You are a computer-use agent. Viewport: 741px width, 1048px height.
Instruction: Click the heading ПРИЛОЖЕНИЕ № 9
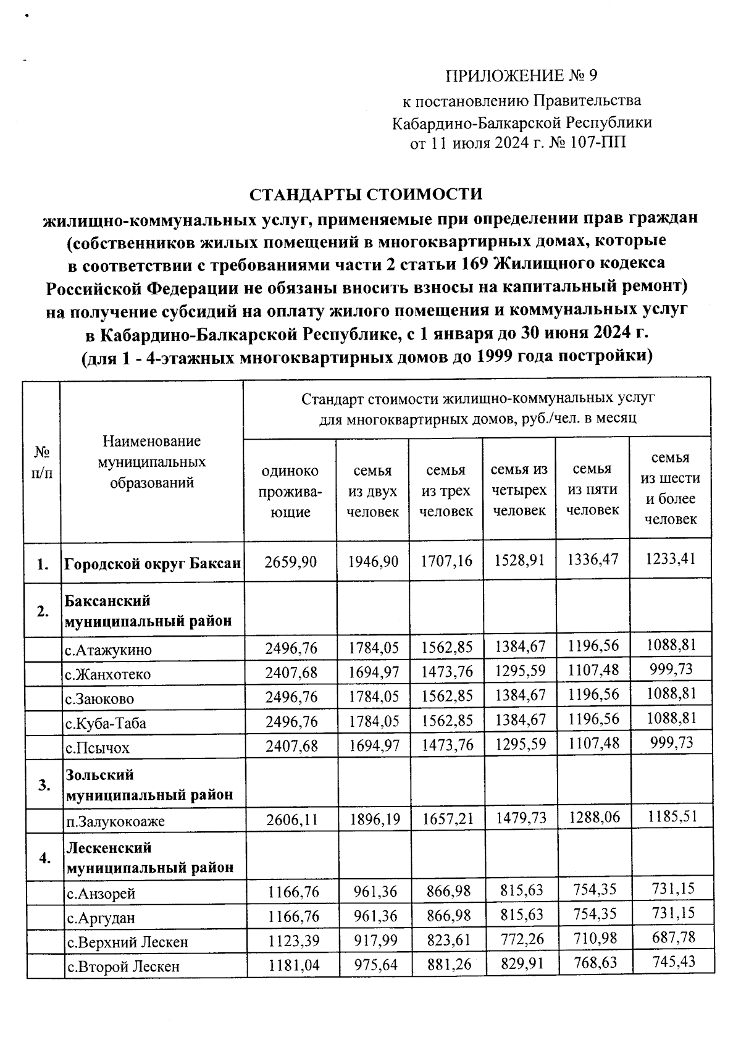pos(522,76)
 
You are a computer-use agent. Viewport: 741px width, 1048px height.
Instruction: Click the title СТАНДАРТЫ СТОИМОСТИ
pos(365,194)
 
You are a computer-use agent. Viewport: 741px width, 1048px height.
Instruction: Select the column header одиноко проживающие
pos(290,491)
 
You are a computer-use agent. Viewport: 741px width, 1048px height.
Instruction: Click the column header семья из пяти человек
pos(592,489)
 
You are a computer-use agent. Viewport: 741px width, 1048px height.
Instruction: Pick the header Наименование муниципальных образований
pos(152,462)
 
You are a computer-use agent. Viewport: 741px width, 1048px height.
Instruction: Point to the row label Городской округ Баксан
pos(153,563)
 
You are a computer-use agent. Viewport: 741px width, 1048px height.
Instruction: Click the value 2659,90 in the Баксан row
pos(290,561)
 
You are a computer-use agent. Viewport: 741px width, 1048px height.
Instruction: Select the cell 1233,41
pos(670,559)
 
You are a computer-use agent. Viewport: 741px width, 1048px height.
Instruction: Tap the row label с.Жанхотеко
pos(108,674)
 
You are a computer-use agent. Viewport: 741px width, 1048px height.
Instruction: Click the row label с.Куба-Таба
pos(106,723)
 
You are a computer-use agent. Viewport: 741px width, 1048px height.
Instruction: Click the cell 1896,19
pos(374,820)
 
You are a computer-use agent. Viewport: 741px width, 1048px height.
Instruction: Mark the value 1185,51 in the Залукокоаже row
pos(672,816)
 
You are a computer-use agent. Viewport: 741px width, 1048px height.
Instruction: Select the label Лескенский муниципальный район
pos(149,857)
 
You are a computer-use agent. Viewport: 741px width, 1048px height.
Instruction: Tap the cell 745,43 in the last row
pos(673,962)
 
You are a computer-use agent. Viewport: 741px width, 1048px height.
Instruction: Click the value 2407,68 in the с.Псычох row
pos(291,746)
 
